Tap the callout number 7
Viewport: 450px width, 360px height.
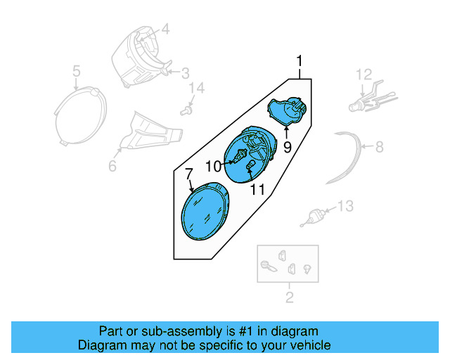click(188, 173)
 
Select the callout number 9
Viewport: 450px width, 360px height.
click(287, 148)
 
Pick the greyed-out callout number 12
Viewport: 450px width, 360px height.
click(363, 74)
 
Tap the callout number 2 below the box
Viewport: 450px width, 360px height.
click(289, 298)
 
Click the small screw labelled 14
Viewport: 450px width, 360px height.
click(186, 110)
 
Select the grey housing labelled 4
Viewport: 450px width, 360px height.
click(138, 56)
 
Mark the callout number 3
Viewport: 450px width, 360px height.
click(185, 73)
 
